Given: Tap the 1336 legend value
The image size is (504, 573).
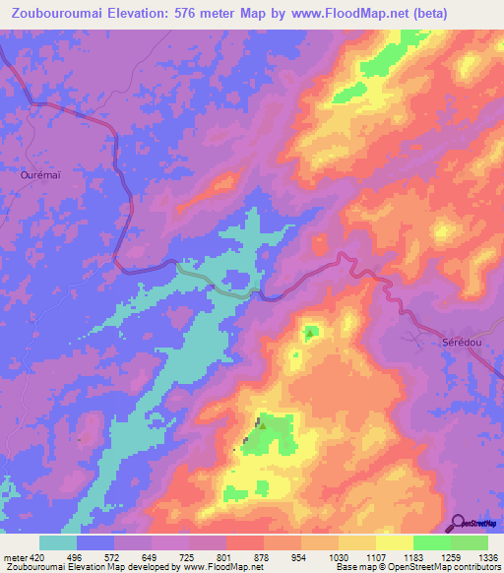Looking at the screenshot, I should point(486,556).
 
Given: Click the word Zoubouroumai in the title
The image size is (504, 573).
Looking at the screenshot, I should point(61,14).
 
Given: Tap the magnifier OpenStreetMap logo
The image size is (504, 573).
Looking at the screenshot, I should point(458,522).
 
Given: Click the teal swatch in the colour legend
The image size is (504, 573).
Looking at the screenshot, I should point(58,542).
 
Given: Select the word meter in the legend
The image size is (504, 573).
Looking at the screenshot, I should point(14,556).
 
